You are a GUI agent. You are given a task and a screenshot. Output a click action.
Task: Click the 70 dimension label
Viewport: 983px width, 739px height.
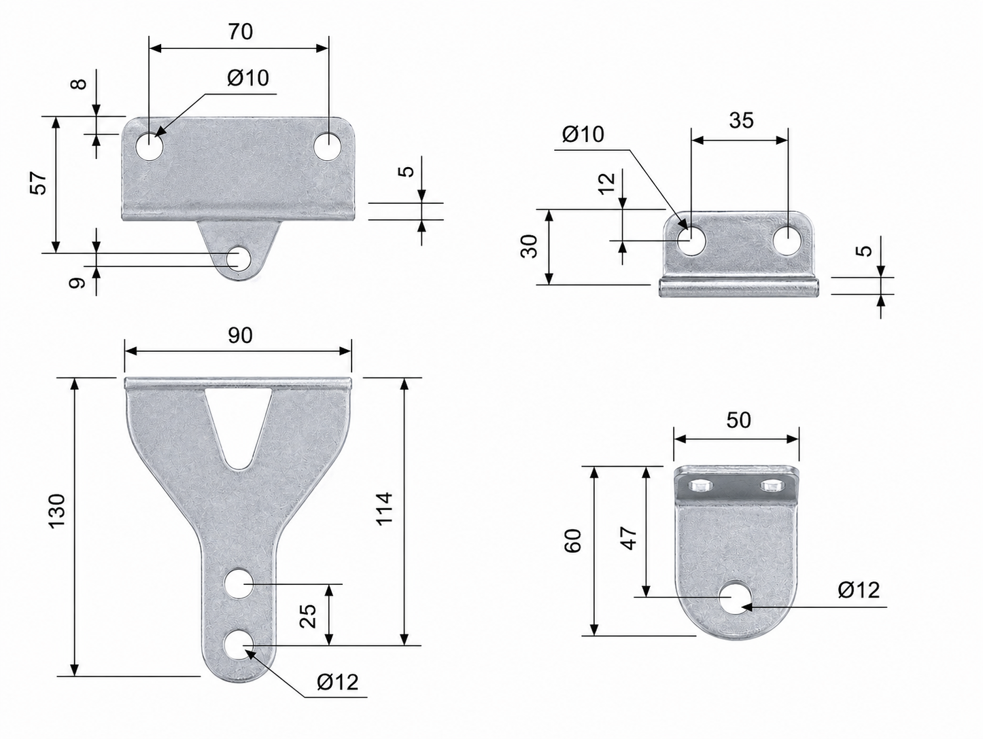pyautogui.click(x=241, y=32)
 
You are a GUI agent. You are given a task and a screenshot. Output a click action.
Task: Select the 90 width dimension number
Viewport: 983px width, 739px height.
pyautogui.click(x=240, y=335)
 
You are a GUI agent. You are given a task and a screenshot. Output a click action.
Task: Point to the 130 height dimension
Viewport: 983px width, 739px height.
pyautogui.click(x=57, y=511)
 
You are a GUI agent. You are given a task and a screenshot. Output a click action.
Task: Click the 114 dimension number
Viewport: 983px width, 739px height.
pyautogui.click(x=384, y=509)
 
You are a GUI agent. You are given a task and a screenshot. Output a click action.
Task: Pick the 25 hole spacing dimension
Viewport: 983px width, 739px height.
pyautogui.click(x=308, y=616)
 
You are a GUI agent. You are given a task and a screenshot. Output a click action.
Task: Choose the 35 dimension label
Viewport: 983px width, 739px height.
pyautogui.click(x=741, y=120)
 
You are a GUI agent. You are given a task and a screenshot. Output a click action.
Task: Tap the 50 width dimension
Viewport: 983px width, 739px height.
pyautogui.click(x=738, y=420)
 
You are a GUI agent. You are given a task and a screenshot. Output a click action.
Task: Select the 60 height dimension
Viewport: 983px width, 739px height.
pyautogui.click(x=573, y=541)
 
